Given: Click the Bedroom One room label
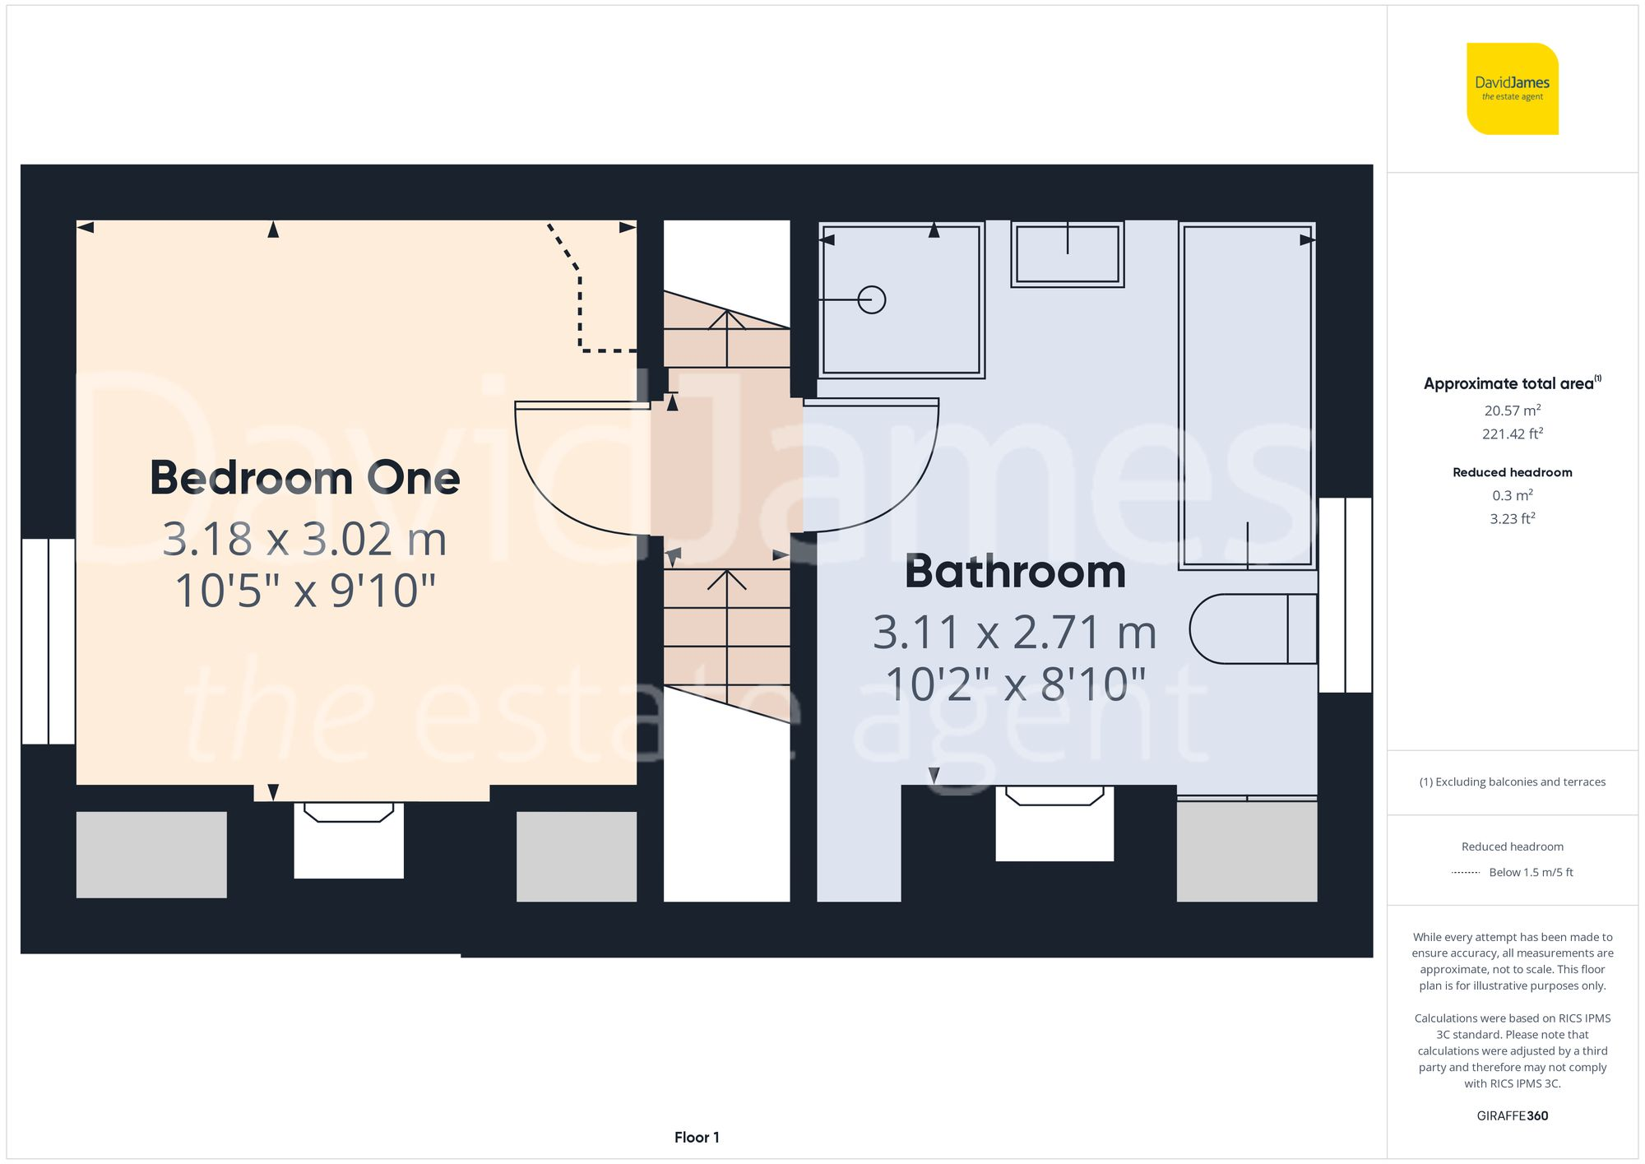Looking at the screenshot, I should (304, 478).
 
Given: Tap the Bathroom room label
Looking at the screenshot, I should (1015, 572).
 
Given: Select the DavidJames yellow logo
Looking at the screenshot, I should (1512, 89).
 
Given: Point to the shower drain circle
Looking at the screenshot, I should (871, 299).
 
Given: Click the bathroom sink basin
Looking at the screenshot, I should (1067, 254).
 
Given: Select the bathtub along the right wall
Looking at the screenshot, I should (1247, 395).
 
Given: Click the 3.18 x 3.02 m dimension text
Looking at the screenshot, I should (304, 540).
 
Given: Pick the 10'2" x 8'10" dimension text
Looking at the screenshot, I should (1015, 684).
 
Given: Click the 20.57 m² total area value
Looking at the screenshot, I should (1512, 410).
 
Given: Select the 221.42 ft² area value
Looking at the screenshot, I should (1512, 434).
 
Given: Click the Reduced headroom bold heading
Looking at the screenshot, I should (1512, 472).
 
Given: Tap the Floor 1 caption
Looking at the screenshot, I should (697, 1138).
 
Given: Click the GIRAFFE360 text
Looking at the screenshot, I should (1512, 1116).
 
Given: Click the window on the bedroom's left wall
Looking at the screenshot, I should (49, 642).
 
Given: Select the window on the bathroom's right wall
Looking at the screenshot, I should (1345, 595).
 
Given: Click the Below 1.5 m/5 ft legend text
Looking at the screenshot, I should (1530, 873).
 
